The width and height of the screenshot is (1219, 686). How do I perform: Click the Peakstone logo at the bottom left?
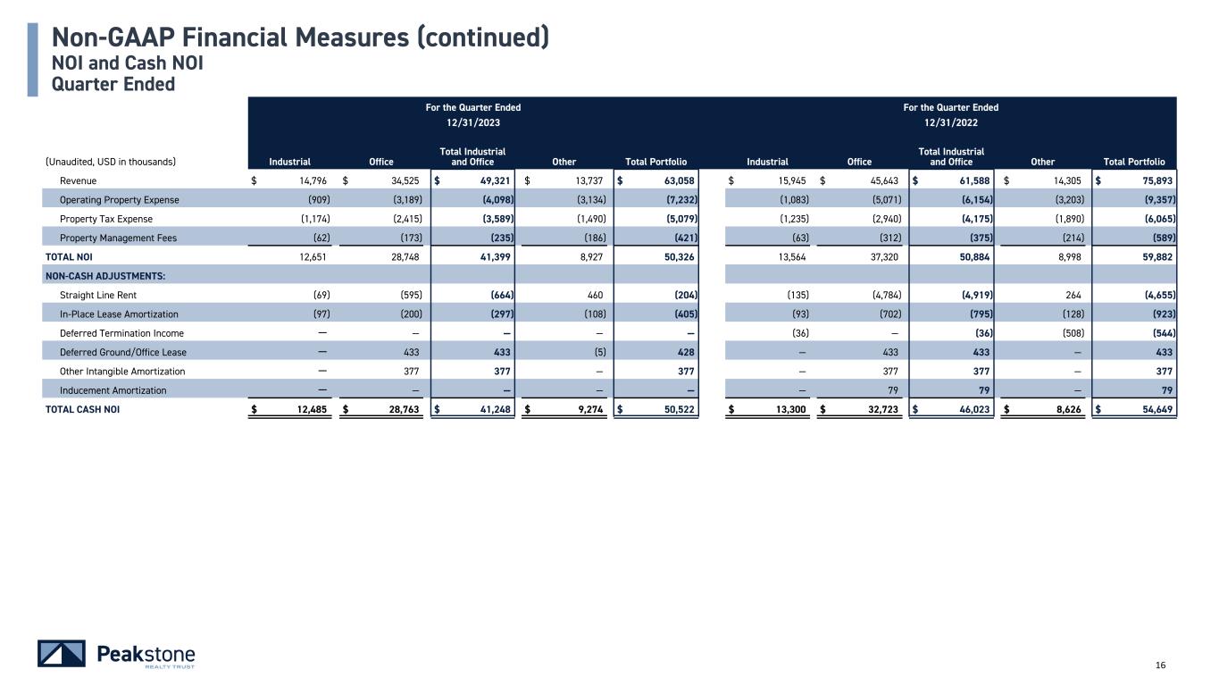(116, 654)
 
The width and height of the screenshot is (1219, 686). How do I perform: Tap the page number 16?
(1161, 665)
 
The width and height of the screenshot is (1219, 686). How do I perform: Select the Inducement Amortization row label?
(113, 390)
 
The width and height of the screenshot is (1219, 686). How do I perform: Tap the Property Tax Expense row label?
(106, 219)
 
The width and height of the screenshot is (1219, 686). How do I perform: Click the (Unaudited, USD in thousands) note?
(111, 162)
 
